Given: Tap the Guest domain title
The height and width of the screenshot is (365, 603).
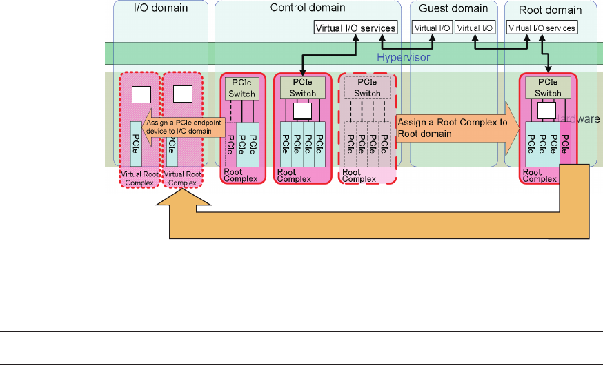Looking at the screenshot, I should point(453,9).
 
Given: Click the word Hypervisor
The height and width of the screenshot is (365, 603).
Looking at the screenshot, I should point(401,58).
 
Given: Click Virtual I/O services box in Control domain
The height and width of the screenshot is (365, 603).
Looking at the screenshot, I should point(355,28).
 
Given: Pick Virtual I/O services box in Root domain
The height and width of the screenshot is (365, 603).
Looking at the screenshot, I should point(542,28).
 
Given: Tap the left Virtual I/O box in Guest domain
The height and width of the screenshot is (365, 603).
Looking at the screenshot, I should point(433,28).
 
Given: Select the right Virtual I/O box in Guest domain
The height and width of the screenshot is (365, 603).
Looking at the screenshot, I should point(475,28).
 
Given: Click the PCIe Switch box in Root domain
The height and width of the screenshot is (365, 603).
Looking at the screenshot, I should point(548,87).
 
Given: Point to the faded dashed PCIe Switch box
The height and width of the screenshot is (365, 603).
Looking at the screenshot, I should point(367,87).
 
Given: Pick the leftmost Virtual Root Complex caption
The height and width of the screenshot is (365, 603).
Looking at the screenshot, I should point(141,178).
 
